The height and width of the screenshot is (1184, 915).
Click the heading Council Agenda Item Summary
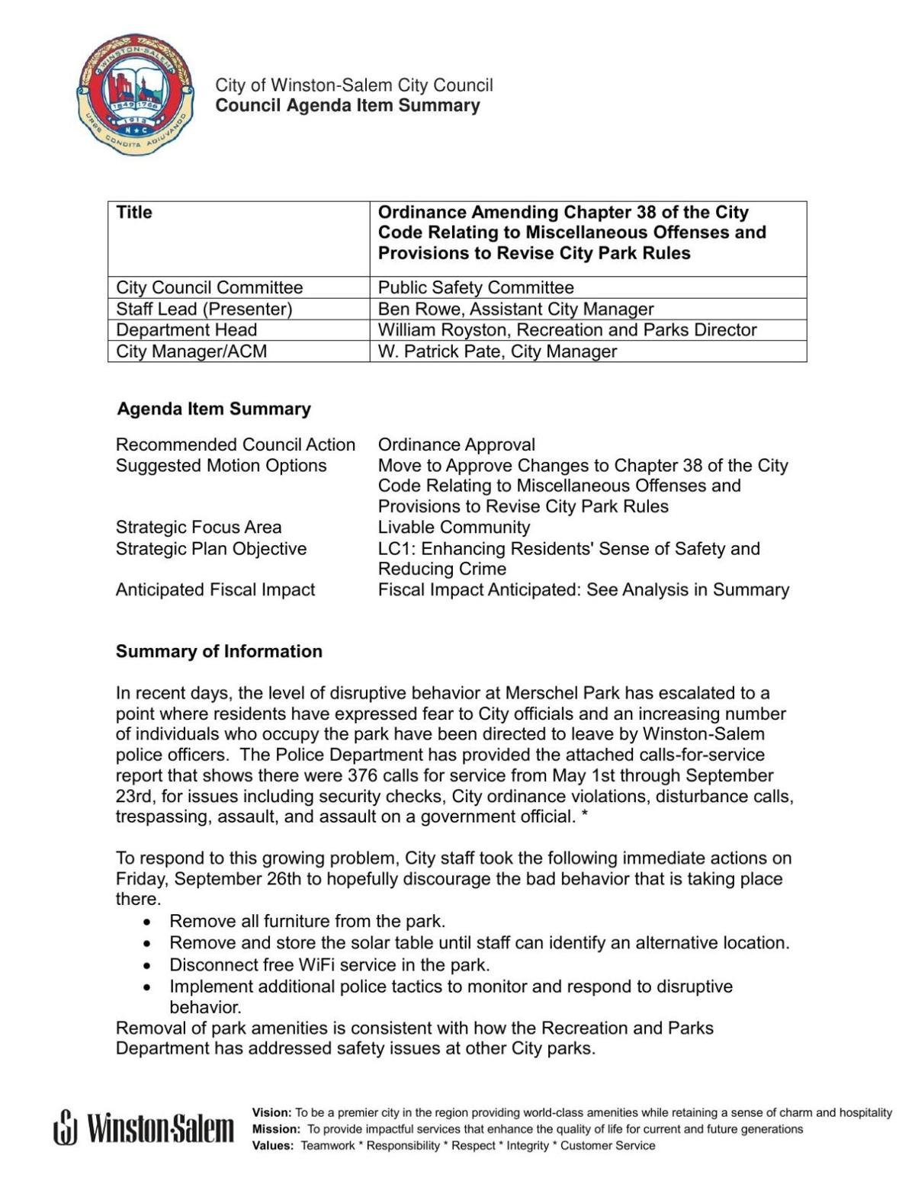pos(348,106)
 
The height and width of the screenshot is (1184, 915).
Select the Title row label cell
pos(134,213)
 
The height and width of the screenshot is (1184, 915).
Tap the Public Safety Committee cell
pos(476,287)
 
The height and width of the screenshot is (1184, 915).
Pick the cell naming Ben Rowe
pos(515,309)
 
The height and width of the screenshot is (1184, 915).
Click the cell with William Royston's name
pos(567,330)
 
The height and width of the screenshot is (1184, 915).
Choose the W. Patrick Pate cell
pos(497,351)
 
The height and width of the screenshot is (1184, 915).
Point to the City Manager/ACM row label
pos(191,351)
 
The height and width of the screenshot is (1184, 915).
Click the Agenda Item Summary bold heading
pos(213,409)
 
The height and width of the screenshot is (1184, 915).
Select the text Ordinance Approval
pos(457,444)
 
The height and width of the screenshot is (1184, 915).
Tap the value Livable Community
pos(454,528)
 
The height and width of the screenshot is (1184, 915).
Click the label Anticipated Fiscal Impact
pos(215,590)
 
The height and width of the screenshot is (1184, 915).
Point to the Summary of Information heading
pos(219,652)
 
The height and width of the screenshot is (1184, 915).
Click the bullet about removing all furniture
pos(307,922)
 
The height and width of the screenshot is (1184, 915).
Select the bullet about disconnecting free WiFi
pos(329,965)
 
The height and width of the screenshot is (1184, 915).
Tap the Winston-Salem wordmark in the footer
pos(144,1128)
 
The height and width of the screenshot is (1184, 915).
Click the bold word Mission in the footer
pos(275,1129)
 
